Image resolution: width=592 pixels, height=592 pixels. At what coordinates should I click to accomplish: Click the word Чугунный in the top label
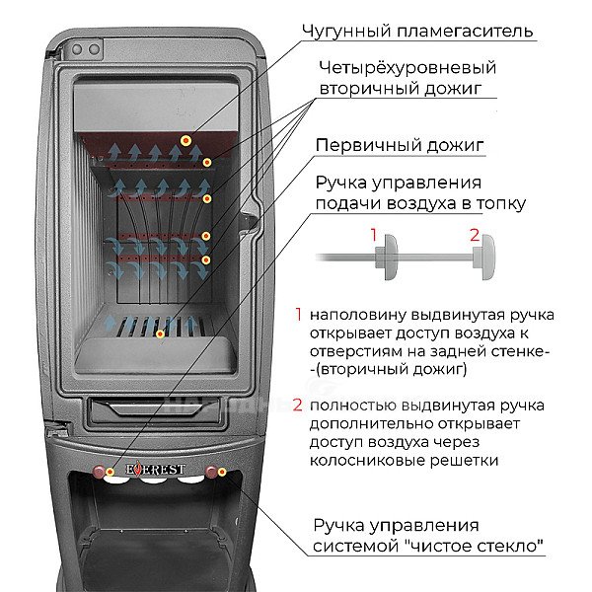click(x=346, y=32)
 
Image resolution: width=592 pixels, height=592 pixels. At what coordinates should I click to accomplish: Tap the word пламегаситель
click(x=466, y=31)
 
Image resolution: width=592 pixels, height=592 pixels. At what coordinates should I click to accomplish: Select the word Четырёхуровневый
click(x=407, y=68)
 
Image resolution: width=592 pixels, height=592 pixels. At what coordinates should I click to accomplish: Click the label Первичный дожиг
click(x=400, y=145)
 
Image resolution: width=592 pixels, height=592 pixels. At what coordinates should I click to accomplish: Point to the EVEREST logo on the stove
click(x=155, y=470)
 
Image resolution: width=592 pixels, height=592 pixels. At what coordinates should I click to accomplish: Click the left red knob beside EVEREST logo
click(x=99, y=472)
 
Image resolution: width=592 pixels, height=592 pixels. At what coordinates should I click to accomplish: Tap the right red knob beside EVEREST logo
click(x=211, y=472)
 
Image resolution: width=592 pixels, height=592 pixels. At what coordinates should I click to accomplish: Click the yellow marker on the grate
click(x=160, y=334)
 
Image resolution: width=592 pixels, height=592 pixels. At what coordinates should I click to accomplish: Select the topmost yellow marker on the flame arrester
click(x=185, y=141)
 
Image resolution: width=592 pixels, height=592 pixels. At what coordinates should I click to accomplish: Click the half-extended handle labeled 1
click(x=386, y=258)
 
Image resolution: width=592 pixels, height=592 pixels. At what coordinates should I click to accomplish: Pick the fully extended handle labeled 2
click(x=484, y=258)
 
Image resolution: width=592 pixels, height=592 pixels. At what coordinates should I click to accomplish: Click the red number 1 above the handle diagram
click(x=374, y=235)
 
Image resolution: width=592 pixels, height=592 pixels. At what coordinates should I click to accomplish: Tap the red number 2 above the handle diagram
click(x=475, y=235)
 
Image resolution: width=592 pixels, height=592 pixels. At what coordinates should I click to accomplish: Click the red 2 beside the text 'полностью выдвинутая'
click(x=298, y=406)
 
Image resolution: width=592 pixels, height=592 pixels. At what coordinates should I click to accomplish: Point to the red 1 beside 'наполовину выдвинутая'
click(x=298, y=315)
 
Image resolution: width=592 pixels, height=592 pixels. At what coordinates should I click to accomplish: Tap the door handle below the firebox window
click(x=154, y=410)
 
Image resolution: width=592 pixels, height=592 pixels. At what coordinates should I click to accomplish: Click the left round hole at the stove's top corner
click(x=77, y=49)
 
